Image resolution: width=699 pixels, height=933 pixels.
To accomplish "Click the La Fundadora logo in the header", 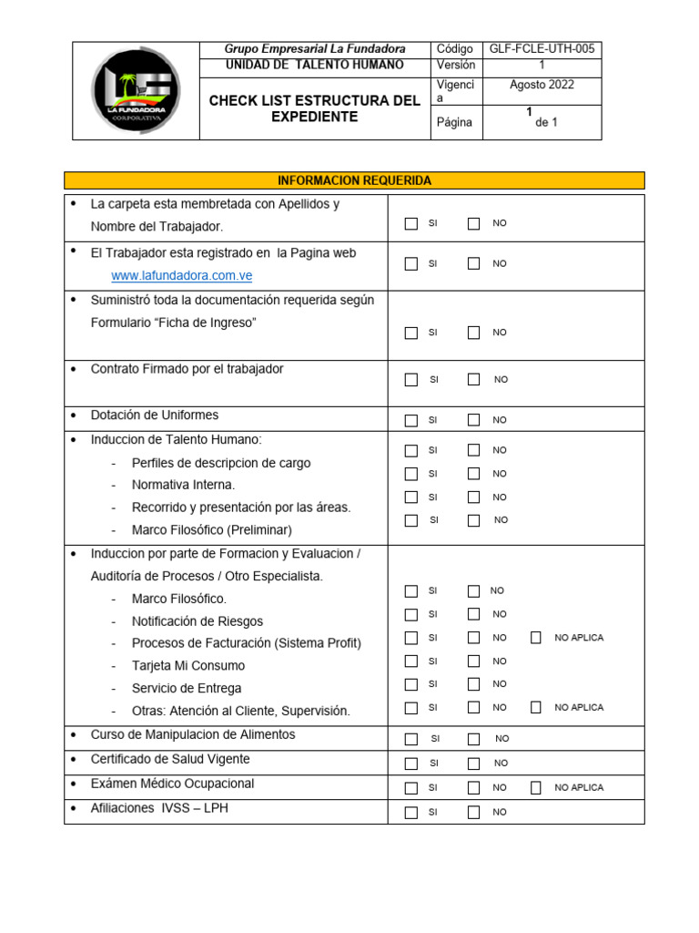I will pos(136,90).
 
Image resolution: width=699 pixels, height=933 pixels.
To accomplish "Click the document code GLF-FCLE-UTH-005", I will pos(542,49).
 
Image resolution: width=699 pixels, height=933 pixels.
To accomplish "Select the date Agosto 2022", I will pos(542,85).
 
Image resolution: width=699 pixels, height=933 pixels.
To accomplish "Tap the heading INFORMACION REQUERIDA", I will pos(354,180).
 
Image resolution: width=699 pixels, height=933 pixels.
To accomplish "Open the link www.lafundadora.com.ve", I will pos(181,275).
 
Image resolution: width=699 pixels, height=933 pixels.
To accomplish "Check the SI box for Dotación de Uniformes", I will pos(411,420).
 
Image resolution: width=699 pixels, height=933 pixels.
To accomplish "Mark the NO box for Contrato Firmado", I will pos(473,380).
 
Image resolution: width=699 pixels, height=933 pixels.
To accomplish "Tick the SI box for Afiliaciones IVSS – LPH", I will pos(411,812).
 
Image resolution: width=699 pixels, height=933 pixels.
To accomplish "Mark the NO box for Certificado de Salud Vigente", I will pos(473,763).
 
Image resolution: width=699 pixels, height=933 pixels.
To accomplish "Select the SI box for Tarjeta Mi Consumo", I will pos(411,661).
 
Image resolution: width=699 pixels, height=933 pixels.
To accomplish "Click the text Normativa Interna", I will pos(183,485).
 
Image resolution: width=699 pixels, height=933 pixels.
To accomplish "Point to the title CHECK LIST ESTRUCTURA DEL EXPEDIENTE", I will pos(314,108).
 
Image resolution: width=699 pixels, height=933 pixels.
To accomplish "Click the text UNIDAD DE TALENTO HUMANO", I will pos(314,66).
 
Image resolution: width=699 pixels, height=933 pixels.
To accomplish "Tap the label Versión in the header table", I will pos(456,66).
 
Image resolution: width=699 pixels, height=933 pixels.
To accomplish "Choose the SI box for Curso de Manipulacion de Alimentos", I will pos(411,739).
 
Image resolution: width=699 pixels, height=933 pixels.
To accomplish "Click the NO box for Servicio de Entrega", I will pos(473,684).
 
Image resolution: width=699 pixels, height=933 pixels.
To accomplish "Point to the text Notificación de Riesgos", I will pos(198,621).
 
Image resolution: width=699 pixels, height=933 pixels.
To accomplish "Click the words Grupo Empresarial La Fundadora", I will pos(314,49).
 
